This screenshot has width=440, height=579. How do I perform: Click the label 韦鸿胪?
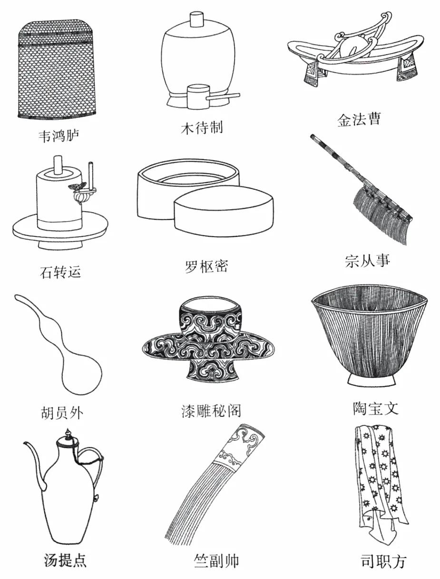tap(59, 136)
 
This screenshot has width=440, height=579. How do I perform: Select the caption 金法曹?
tap(359, 119)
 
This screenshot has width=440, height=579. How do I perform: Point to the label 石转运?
tap(60, 272)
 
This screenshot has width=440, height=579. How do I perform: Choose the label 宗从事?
tap(367, 260)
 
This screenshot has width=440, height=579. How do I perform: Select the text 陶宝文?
tap(375, 408)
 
